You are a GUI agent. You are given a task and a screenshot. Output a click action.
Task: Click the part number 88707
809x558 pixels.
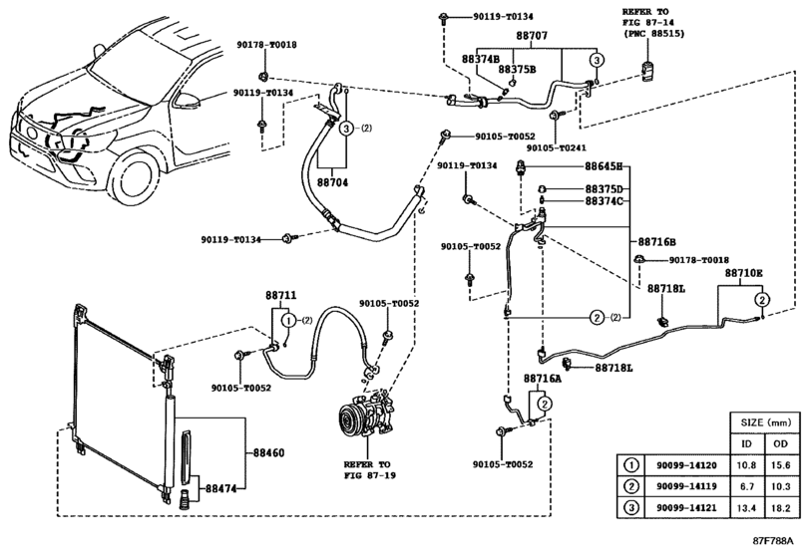[x=532, y=35]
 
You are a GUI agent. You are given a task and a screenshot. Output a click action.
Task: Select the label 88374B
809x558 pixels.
[x=480, y=59]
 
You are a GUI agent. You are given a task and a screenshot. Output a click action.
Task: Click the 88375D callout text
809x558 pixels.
[x=603, y=188]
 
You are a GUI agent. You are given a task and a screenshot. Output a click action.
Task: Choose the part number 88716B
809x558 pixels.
[x=657, y=242]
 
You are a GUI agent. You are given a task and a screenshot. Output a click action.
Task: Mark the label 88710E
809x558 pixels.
[x=743, y=273]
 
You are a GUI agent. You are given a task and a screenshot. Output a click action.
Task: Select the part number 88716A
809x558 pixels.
[x=542, y=380]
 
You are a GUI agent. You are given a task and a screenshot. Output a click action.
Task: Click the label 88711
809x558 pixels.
[x=281, y=296]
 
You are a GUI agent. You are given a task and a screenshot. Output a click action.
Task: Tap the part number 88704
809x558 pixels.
[x=333, y=183]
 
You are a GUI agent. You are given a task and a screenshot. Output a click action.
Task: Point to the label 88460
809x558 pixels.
[x=266, y=453]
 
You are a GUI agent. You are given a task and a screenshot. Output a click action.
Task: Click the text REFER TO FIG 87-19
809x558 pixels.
[x=371, y=469]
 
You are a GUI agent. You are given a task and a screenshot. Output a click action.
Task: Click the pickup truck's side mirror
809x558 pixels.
[x=189, y=100]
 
